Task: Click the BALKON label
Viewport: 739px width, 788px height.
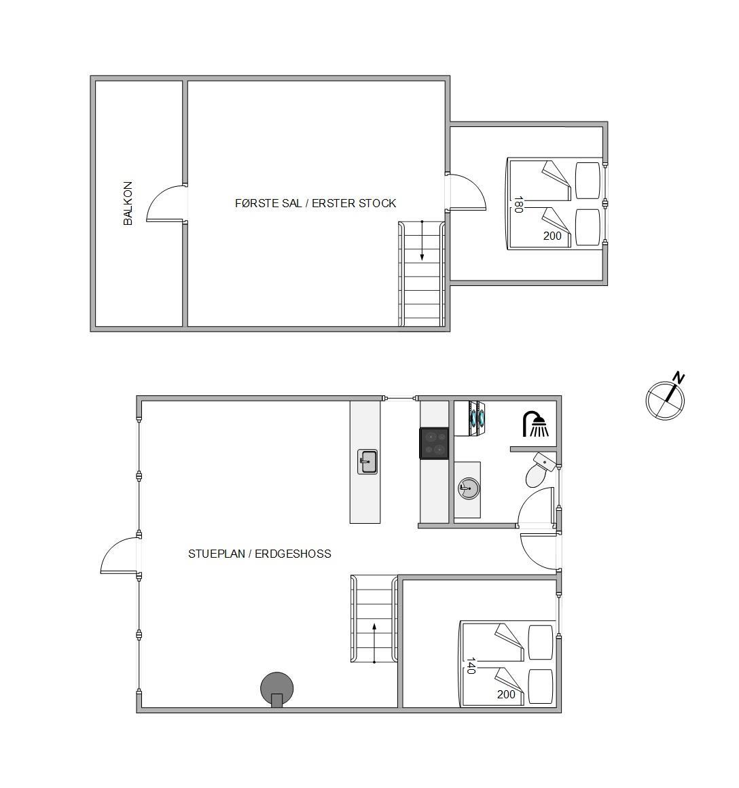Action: (x=128, y=203)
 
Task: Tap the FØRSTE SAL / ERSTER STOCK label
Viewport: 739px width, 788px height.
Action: (x=315, y=203)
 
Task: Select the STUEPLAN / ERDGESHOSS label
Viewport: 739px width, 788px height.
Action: (x=259, y=554)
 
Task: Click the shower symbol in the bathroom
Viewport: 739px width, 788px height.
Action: (x=535, y=425)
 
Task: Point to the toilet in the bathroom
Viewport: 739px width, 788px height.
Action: (x=539, y=469)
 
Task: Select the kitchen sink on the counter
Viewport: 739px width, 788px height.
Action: (x=367, y=462)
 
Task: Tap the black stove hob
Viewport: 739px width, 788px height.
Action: (x=434, y=443)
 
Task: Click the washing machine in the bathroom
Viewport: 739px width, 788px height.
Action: (x=470, y=418)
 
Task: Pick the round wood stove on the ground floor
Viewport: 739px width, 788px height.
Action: (x=277, y=689)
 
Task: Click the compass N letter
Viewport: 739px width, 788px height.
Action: (x=679, y=378)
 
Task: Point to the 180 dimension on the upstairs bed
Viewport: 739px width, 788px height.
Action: (x=518, y=204)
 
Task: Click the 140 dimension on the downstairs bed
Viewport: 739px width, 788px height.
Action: (x=471, y=666)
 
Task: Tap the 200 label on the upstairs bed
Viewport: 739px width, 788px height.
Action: (x=552, y=236)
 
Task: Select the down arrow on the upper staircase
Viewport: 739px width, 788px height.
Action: (x=422, y=240)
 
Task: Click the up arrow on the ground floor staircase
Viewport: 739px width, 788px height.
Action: (x=374, y=643)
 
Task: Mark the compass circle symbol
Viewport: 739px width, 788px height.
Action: (x=665, y=401)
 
